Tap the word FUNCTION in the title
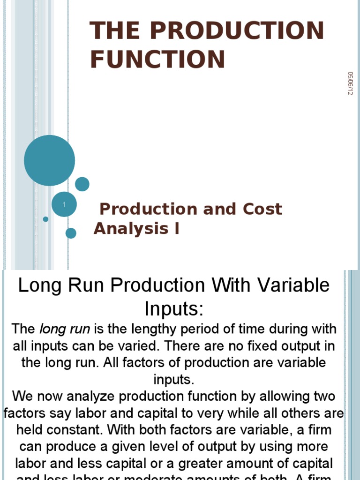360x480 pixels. click(x=157, y=60)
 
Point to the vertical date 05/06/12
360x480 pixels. click(x=350, y=83)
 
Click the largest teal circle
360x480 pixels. click(x=49, y=160)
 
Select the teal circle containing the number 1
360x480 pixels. click(x=64, y=204)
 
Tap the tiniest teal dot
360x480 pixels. click(x=45, y=219)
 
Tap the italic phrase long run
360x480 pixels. click(x=64, y=329)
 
